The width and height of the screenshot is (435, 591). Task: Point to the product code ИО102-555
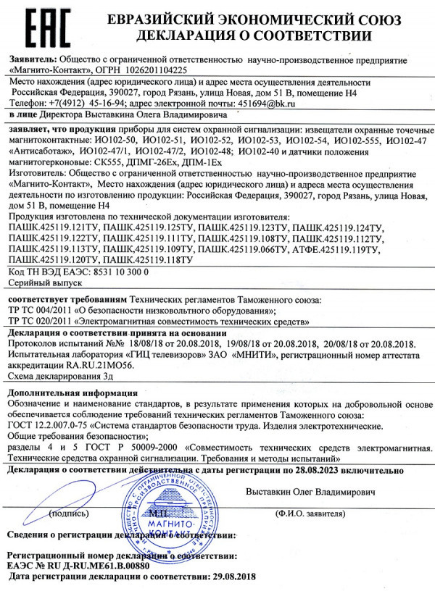pyautogui.click(x=359, y=138)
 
